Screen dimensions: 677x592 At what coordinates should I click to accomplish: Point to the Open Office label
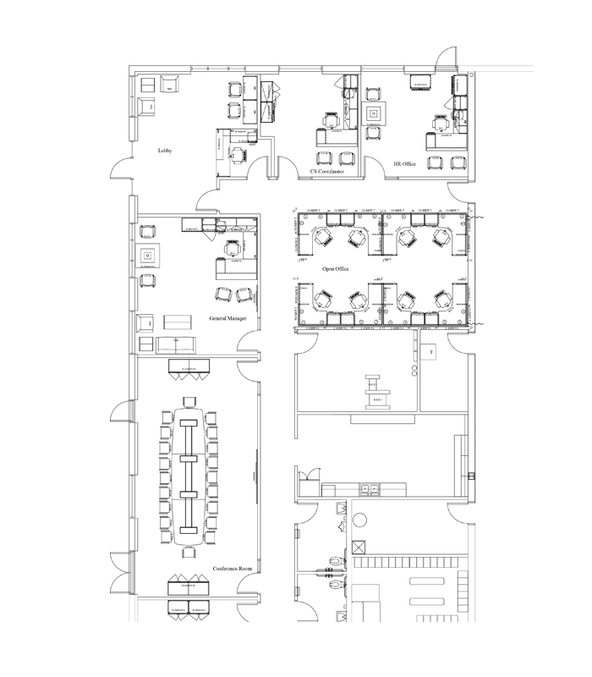pos(337,268)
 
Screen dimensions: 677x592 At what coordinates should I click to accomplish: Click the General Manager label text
pos(227,319)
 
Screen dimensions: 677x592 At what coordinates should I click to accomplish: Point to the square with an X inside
pos(359,547)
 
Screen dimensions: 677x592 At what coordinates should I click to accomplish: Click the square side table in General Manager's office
pos(147,254)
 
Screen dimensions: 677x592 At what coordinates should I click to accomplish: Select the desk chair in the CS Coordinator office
pos(329,124)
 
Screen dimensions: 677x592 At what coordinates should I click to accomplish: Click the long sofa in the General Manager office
pos(177,344)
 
